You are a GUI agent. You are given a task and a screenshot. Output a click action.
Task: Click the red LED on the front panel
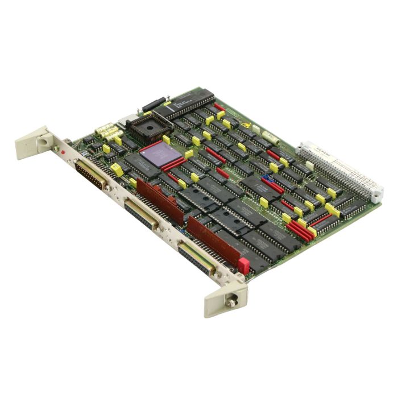point(60,152)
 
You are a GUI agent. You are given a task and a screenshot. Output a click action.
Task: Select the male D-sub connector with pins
point(91,173)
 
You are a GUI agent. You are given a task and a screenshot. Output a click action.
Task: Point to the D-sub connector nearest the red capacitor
point(196,258)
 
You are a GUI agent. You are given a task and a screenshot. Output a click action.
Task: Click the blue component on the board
point(266,178)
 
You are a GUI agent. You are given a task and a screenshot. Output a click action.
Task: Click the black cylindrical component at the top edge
point(154,105)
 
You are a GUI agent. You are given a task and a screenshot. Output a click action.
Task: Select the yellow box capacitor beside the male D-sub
point(117,169)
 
